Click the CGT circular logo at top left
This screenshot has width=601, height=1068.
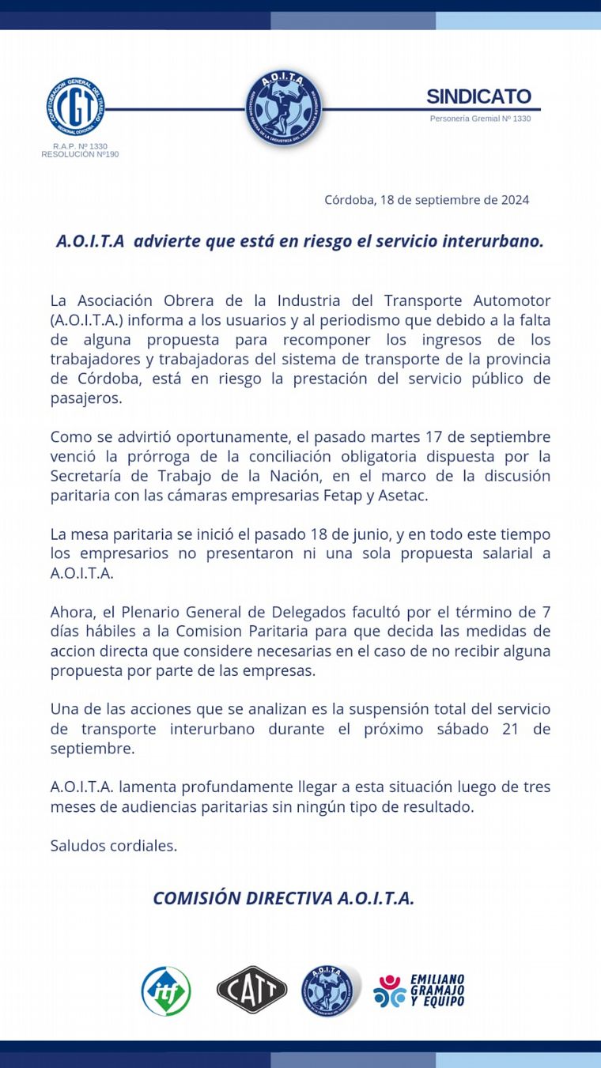[76, 108]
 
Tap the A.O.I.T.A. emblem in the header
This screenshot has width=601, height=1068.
[283, 108]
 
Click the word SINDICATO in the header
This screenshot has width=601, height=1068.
[478, 96]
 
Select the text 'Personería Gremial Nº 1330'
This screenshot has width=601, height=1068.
[480, 119]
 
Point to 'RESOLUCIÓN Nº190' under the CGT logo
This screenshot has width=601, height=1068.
[80, 154]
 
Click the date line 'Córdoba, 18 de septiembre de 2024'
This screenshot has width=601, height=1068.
[426, 200]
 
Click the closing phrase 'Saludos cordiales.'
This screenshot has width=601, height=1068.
[113, 846]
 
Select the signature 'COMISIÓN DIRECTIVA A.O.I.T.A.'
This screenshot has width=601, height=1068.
[283, 898]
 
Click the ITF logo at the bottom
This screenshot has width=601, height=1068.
[166, 991]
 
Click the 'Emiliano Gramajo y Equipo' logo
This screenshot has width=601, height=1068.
[419, 991]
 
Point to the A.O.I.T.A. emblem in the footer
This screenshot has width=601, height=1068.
[327, 991]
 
